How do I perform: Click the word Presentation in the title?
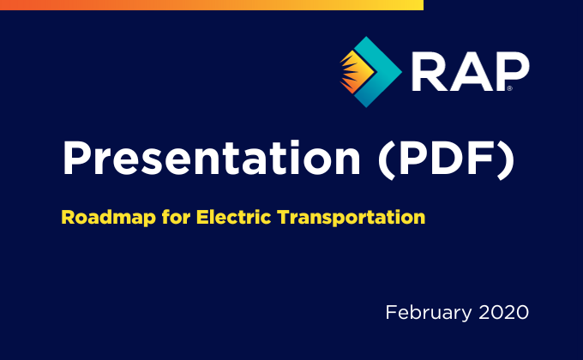(212, 158)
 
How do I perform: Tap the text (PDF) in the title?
(446, 159)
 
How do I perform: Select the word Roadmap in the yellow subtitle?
(108, 218)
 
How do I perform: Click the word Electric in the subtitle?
(233, 217)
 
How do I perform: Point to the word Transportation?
(352, 218)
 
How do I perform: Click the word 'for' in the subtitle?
(177, 217)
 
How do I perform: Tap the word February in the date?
(429, 313)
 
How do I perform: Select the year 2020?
(503, 312)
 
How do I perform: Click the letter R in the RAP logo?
(429, 71)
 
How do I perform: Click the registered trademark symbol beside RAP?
(509, 88)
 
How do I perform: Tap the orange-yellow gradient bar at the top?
(212, 5)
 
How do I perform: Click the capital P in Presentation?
(77, 158)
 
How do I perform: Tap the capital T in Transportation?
(285, 217)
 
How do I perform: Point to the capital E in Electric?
(201, 217)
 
